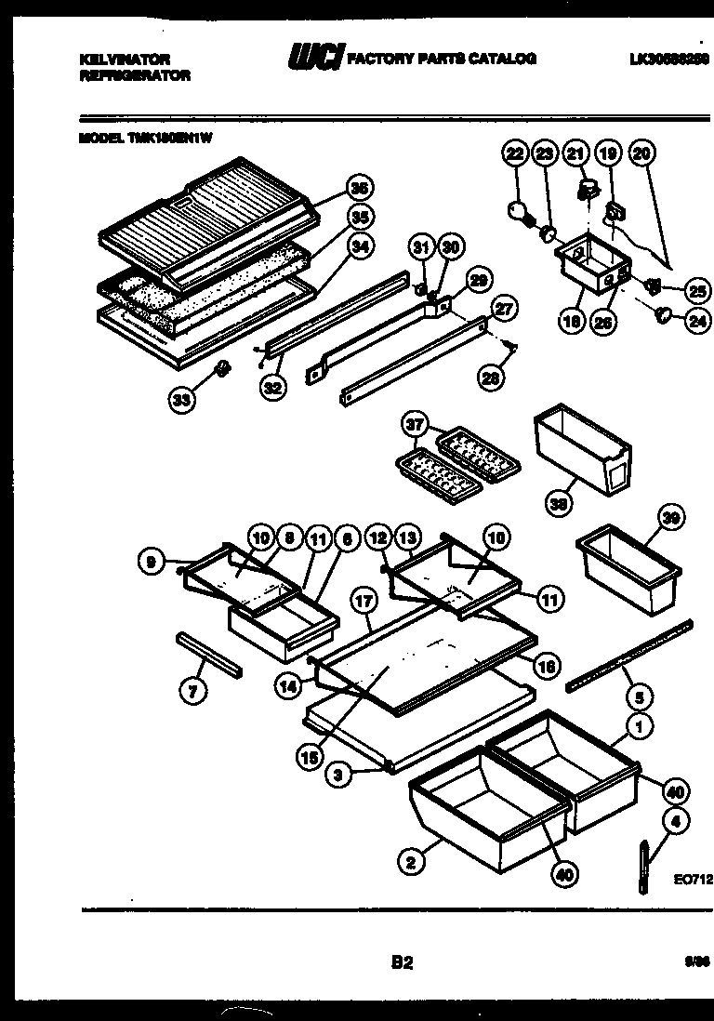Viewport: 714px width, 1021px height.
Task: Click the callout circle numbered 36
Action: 356,188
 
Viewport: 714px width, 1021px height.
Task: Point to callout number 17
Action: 364,602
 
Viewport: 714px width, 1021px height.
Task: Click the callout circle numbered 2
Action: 408,863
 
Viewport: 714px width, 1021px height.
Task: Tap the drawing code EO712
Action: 693,877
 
